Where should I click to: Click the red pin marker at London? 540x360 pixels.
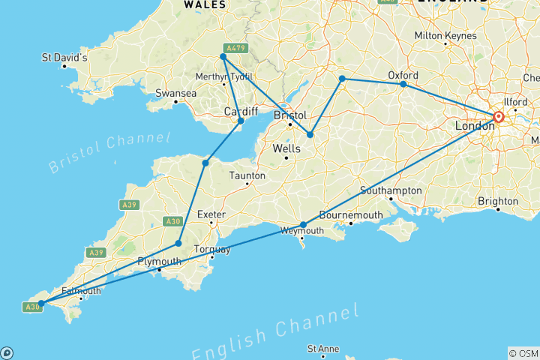click(x=498, y=116)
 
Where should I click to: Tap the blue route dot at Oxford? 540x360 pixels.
click(x=403, y=84)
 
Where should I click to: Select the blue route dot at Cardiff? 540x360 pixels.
click(x=241, y=121)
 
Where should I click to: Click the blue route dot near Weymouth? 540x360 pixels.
click(x=303, y=224)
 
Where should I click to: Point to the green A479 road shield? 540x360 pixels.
click(x=235, y=48)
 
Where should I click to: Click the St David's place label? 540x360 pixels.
click(x=64, y=57)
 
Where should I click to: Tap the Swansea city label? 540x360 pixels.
click(x=175, y=93)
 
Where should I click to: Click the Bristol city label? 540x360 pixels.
click(x=290, y=115)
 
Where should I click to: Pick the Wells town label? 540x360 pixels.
click(x=286, y=148)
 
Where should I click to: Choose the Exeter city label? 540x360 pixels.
click(x=211, y=214)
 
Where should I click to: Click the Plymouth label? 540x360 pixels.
click(x=159, y=261)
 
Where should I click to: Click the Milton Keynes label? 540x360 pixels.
click(x=445, y=35)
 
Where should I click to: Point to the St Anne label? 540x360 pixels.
click(x=323, y=349)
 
